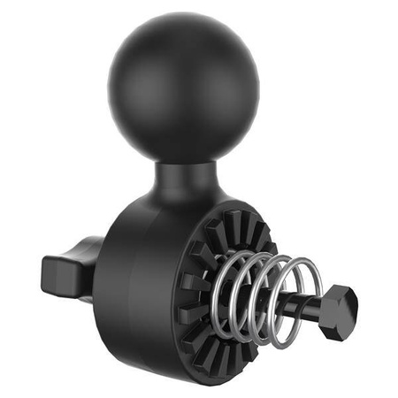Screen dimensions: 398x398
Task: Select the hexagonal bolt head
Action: click(336, 311)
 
